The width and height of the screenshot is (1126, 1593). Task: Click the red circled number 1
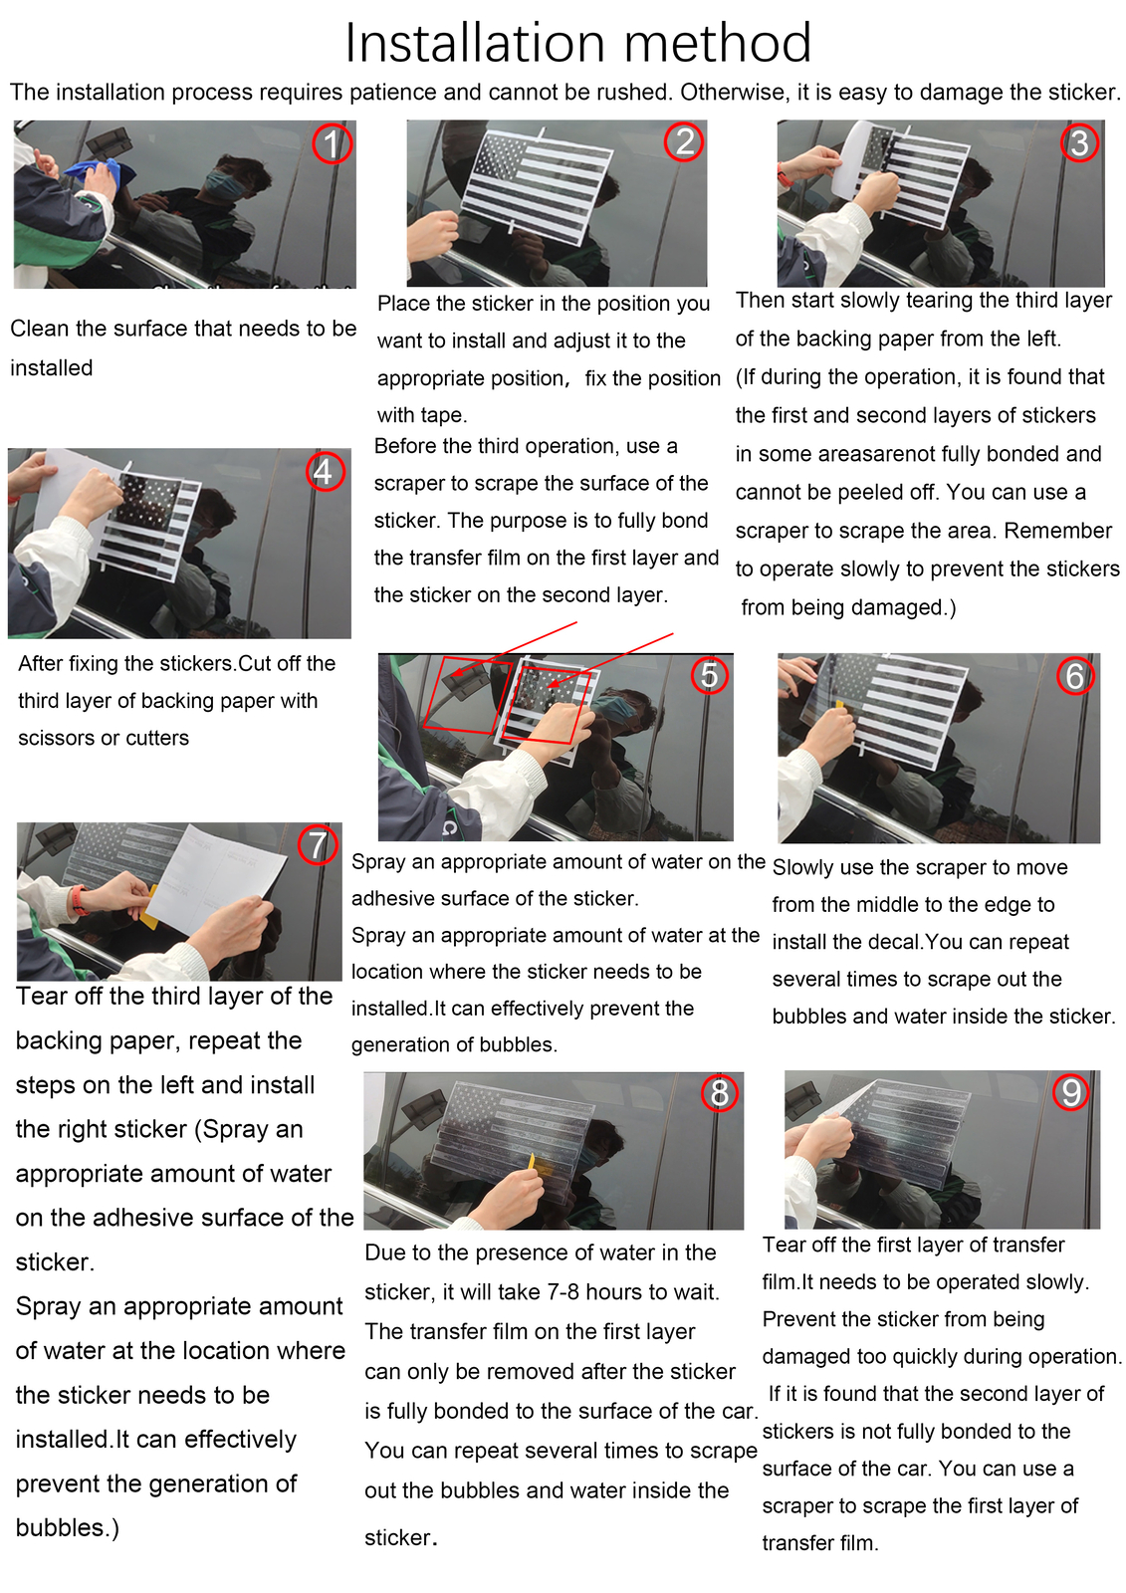[333, 143]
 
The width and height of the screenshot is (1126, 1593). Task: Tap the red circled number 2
[684, 140]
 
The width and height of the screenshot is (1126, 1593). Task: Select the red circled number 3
[1079, 142]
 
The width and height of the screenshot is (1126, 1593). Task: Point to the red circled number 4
[326, 471]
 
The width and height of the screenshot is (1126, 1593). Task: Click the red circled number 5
[709, 674]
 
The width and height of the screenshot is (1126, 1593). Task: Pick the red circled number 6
[1075, 675]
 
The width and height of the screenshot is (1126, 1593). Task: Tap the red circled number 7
[318, 845]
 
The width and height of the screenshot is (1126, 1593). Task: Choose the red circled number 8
[720, 1092]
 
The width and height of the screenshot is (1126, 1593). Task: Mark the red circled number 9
[1070, 1091]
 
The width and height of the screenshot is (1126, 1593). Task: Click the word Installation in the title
[475, 43]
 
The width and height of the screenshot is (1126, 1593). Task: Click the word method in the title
[718, 43]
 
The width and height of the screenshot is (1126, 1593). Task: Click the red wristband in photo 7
[79, 900]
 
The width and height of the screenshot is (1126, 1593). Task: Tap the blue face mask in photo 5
[612, 710]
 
